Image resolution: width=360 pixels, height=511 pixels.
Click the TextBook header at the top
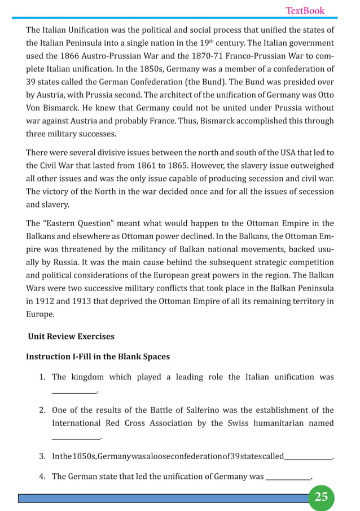click(x=305, y=11)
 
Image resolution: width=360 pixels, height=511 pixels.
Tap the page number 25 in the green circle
click(x=321, y=497)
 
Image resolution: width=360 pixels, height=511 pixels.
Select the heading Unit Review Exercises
click(x=71, y=336)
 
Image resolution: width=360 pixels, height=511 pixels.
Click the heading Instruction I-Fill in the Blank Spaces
click(x=98, y=357)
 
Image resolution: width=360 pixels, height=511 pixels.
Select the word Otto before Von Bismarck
click(x=323, y=94)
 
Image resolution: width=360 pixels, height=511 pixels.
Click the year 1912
click(x=43, y=302)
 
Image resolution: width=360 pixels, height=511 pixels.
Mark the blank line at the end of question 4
click(x=288, y=477)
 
